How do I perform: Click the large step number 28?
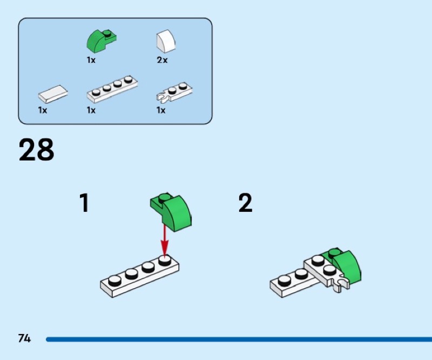pyautogui.click(x=36, y=150)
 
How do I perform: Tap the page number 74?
pyautogui.click(x=24, y=338)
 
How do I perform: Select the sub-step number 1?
pyautogui.click(x=85, y=203)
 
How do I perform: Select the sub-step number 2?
pyautogui.click(x=245, y=203)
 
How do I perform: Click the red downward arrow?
pyautogui.click(x=165, y=241)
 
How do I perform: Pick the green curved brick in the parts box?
pyautogui.click(x=101, y=41)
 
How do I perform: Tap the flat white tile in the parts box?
pyautogui.click(x=52, y=94)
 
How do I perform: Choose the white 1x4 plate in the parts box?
pyautogui.click(x=112, y=89)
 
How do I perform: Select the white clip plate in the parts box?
pyautogui.click(x=174, y=91)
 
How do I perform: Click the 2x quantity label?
pyautogui.click(x=162, y=60)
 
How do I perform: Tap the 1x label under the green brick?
pyautogui.click(x=91, y=60)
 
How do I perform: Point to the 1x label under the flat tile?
pyautogui.click(x=43, y=110)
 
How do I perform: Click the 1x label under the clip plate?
pyautogui.click(x=161, y=110)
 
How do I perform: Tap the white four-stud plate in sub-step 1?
pyautogui.click(x=139, y=276)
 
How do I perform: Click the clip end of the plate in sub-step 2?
pyautogui.click(x=341, y=285)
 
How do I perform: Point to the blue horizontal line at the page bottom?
pyautogui.click(x=239, y=339)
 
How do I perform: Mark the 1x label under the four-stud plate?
pyautogui.click(x=91, y=110)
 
